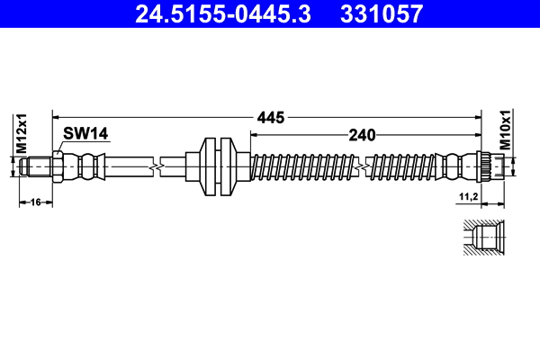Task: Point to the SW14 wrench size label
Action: click(x=85, y=134)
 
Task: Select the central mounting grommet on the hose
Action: click(x=217, y=166)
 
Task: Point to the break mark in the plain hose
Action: click(x=158, y=166)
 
